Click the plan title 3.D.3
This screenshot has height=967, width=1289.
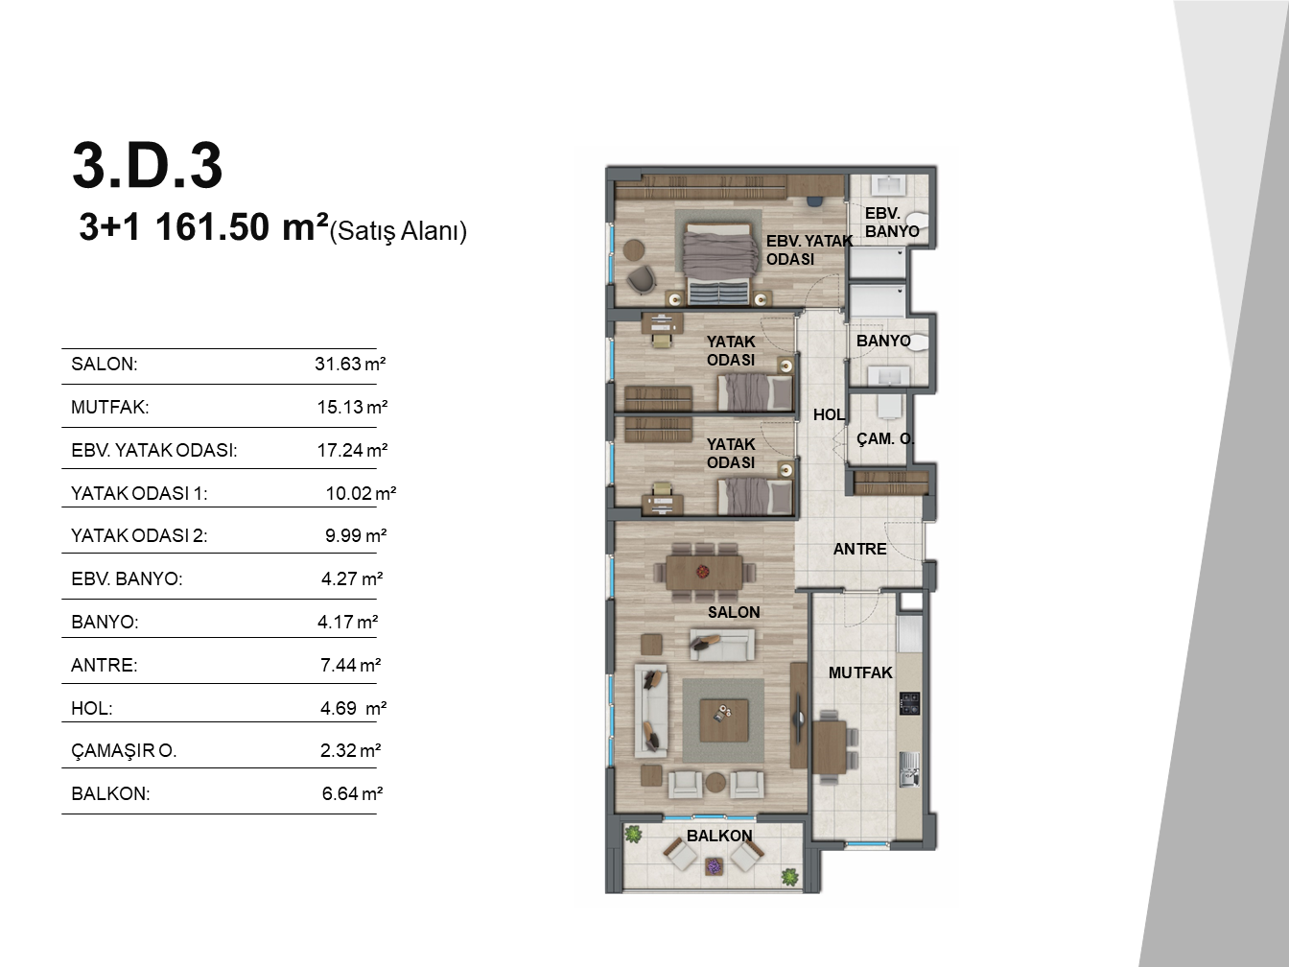(148, 165)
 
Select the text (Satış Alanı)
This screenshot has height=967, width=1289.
(398, 231)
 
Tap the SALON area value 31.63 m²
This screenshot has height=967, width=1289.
(350, 364)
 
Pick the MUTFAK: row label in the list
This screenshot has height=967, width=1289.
(110, 407)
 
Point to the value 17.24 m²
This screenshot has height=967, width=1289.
(352, 450)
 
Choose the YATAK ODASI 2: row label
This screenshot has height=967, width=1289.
(139, 535)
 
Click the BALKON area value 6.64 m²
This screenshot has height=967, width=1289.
(352, 793)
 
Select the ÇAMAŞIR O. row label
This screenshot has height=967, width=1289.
(124, 750)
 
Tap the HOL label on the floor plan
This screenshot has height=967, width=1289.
(829, 415)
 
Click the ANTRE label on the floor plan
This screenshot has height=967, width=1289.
(859, 549)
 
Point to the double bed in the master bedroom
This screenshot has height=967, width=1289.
(719, 263)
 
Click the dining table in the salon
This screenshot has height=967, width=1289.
(704, 571)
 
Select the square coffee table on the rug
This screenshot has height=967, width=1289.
(723, 720)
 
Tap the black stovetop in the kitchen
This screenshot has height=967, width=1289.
(909, 703)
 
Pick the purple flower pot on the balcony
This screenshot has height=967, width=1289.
(713, 866)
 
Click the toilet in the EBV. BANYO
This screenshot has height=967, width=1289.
(919, 224)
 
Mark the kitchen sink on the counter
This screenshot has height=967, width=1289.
(909, 769)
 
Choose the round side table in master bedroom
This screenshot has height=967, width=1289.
(634, 250)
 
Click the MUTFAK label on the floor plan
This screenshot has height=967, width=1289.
(860, 672)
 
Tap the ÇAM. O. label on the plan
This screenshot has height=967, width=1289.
(885, 438)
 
